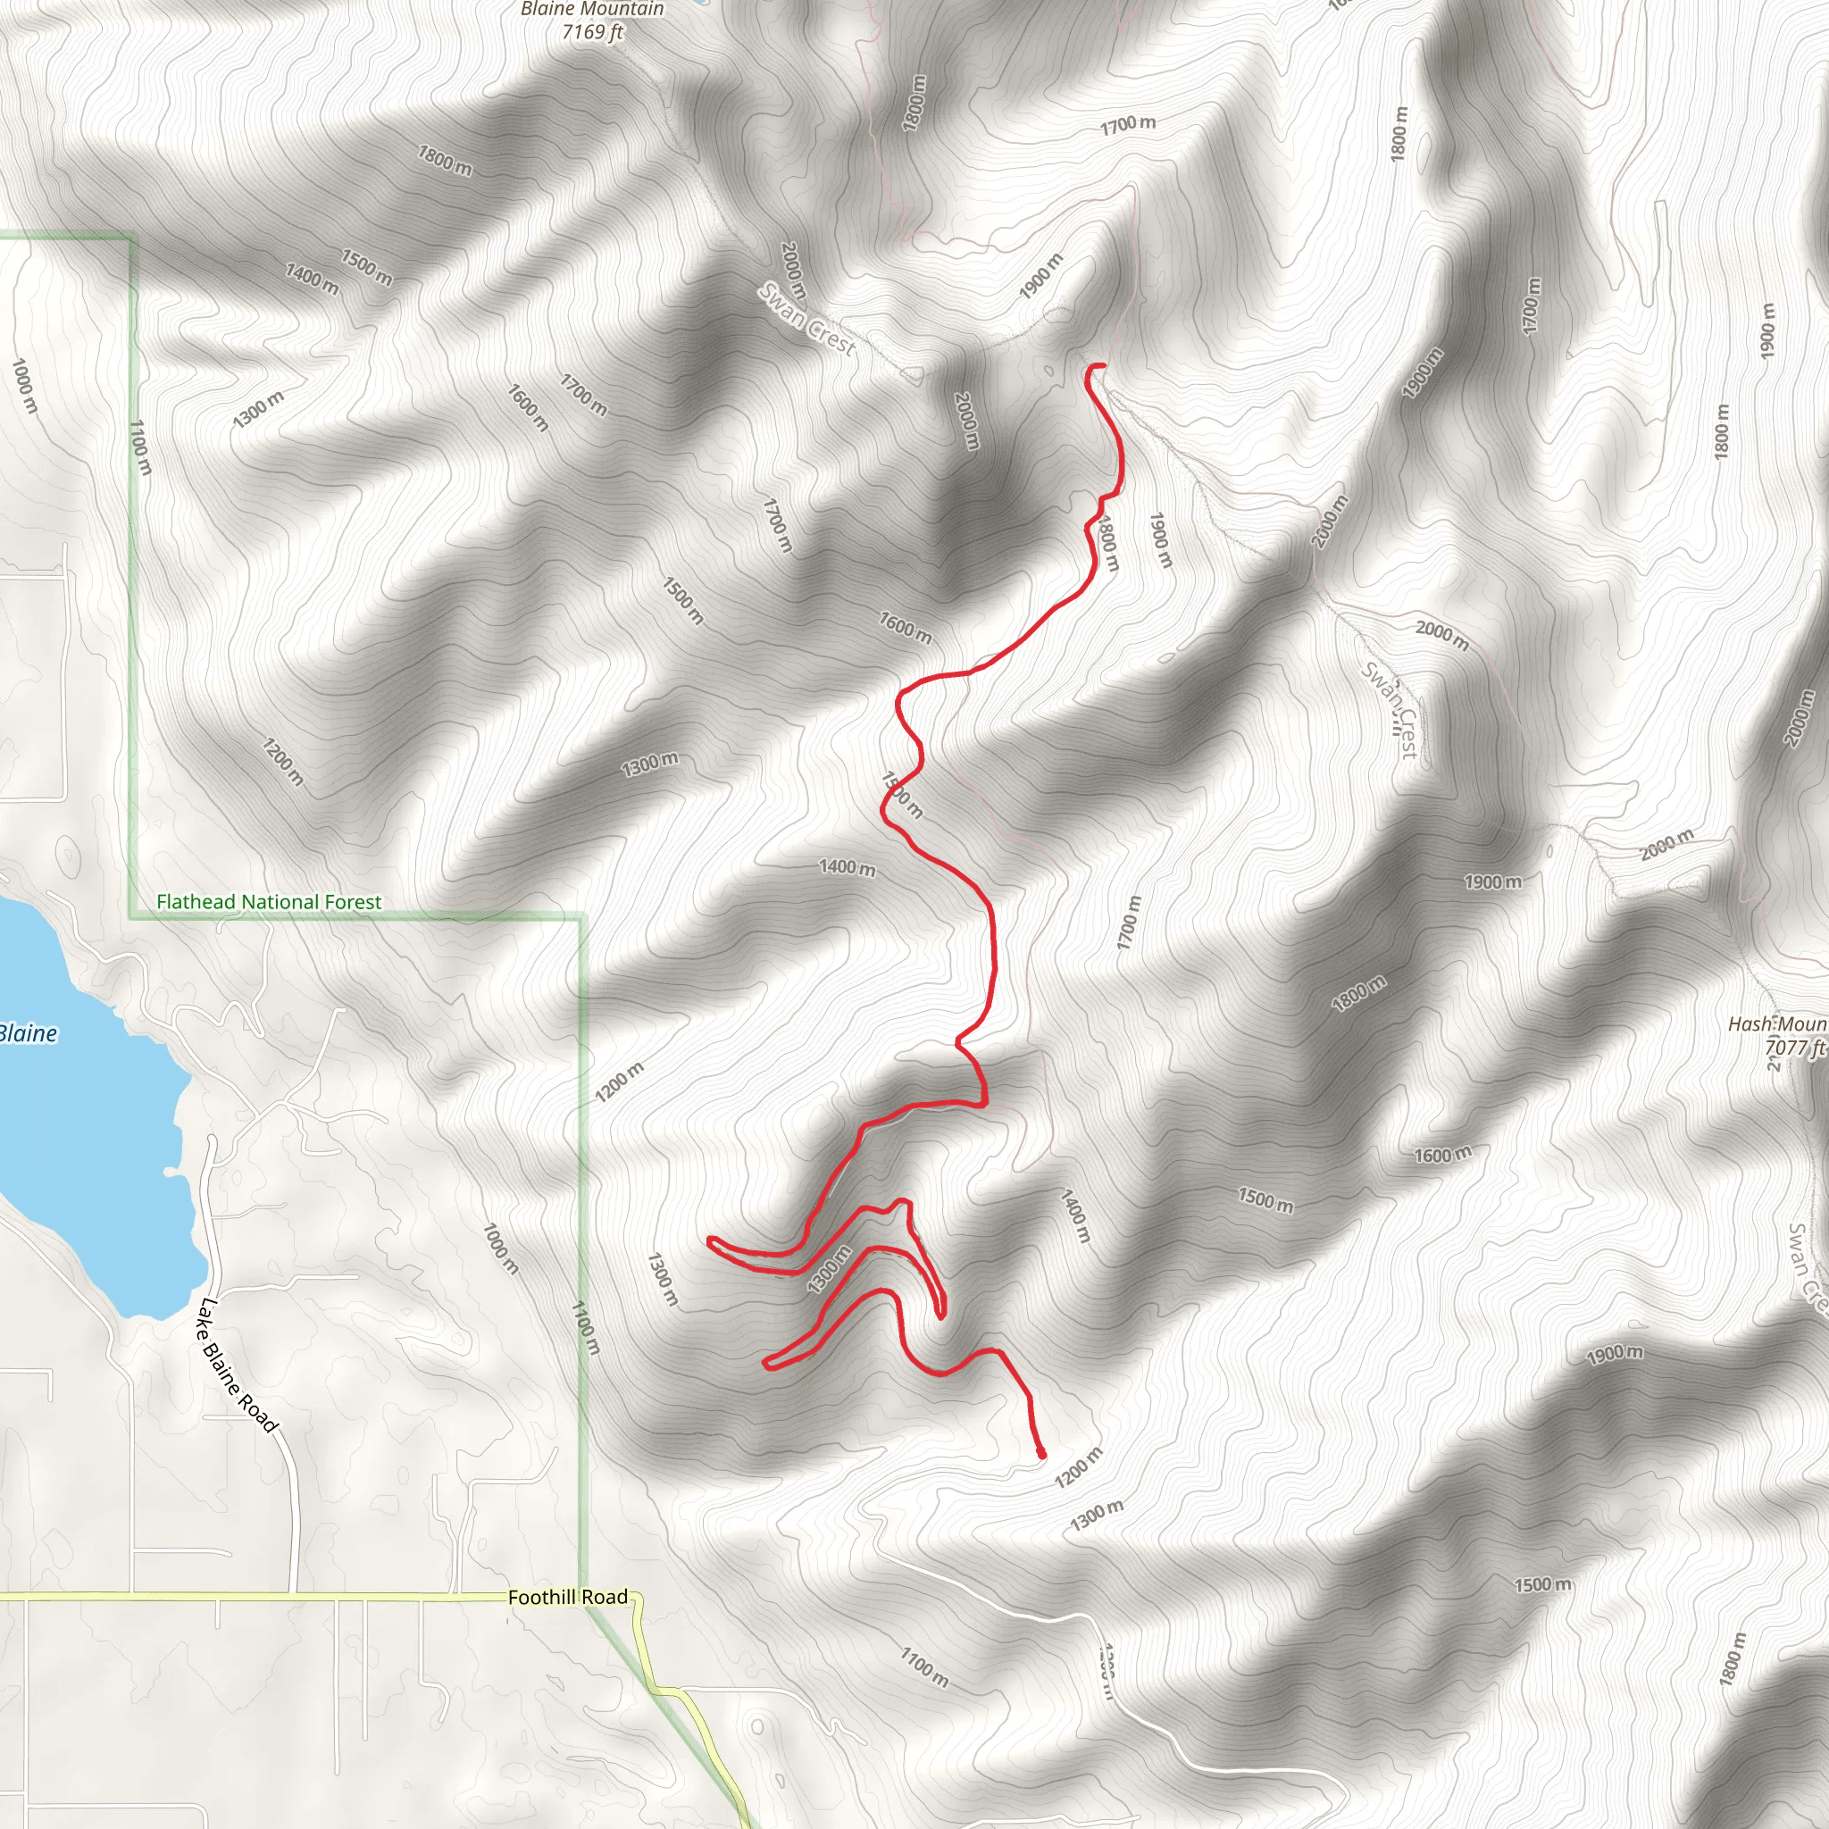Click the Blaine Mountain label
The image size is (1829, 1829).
tap(593, 10)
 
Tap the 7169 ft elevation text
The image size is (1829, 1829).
tap(593, 32)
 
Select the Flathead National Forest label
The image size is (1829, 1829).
tap(269, 902)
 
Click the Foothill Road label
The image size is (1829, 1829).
tap(567, 1597)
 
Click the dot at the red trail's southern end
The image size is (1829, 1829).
tap(1041, 1453)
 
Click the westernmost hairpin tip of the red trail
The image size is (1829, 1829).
tap(710, 1240)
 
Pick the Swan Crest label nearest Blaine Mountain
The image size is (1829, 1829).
tap(807, 320)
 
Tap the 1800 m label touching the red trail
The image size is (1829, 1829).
tap(1107, 542)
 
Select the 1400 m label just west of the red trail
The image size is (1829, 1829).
tap(847, 867)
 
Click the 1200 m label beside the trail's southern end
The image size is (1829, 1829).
tap(1079, 1467)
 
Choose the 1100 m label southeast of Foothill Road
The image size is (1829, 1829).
tap(924, 1667)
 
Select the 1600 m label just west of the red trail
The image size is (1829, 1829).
tap(904, 627)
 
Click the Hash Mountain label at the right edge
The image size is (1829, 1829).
tap(1778, 1024)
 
